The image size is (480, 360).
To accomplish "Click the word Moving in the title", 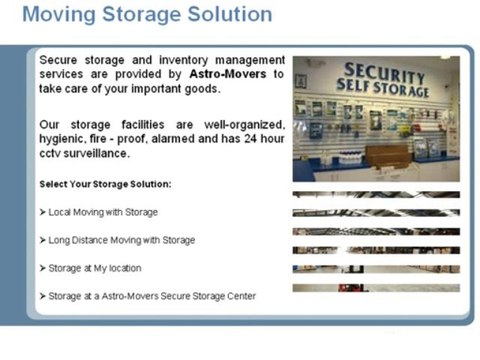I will tap(61, 15).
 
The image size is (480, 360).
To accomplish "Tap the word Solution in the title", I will tap(225, 15).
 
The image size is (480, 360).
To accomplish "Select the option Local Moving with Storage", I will tap(103, 213).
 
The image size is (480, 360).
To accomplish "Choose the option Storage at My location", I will tap(94, 268).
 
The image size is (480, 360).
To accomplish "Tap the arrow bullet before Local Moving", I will tap(43, 213).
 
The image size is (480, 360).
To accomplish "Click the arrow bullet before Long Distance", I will tap(43, 240).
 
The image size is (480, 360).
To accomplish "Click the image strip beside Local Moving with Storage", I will tap(375, 213).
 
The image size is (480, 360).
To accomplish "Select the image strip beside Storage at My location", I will tap(375, 268).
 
